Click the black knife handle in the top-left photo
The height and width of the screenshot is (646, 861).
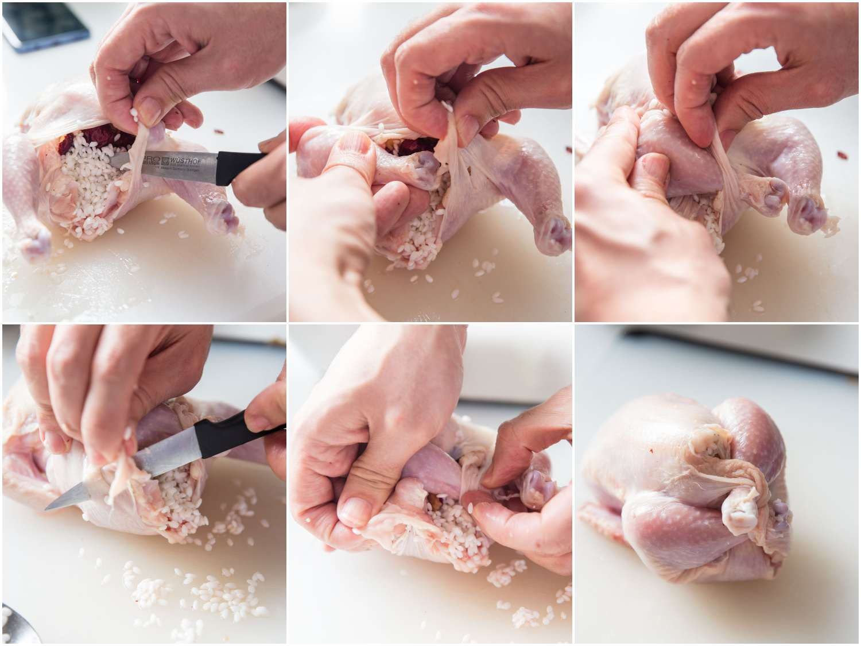click(x=241, y=157)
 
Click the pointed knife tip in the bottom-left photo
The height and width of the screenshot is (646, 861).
click(x=49, y=508)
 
